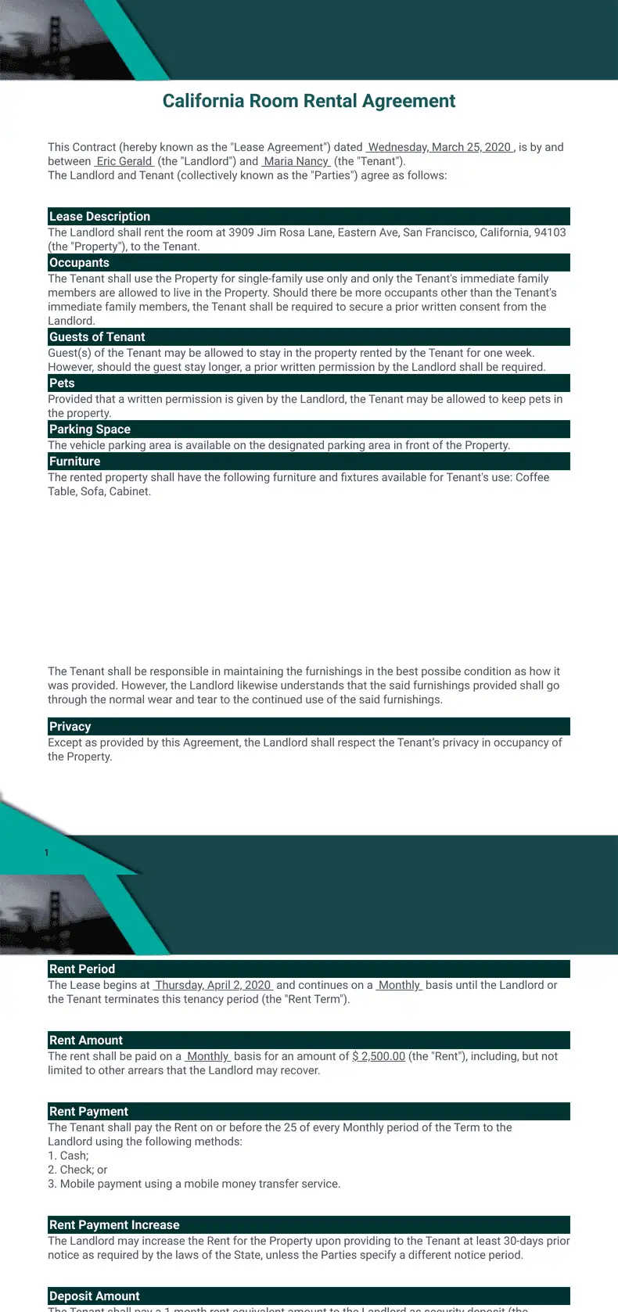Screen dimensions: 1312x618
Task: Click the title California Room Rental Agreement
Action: pos(308,101)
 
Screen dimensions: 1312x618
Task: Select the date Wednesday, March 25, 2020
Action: pos(439,147)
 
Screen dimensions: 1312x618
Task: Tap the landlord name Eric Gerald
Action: pos(124,161)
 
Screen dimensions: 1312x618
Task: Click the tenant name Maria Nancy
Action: pos(296,161)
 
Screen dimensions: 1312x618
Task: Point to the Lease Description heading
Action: pos(99,217)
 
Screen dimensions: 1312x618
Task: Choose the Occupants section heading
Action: pos(79,263)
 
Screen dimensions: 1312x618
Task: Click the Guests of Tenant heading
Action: pos(97,337)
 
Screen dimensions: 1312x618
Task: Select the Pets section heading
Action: pos(62,383)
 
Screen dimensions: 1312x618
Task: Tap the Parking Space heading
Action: pos(90,430)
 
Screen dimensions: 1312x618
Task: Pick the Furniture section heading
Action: pos(74,462)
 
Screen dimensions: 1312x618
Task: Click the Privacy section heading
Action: pos(70,727)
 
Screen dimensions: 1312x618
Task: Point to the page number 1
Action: pos(46,853)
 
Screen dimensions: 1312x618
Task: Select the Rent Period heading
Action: pos(82,969)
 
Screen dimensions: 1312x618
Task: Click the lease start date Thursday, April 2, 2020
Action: pos(213,985)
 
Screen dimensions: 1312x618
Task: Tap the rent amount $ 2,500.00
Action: pos(379,1056)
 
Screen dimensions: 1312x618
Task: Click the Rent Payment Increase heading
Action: pos(114,1225)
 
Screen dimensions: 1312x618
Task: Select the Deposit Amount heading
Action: pos(95,1296)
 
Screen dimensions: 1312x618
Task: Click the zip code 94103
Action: pos(550,232)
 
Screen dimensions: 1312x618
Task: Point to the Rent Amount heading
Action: pos(86,1041)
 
